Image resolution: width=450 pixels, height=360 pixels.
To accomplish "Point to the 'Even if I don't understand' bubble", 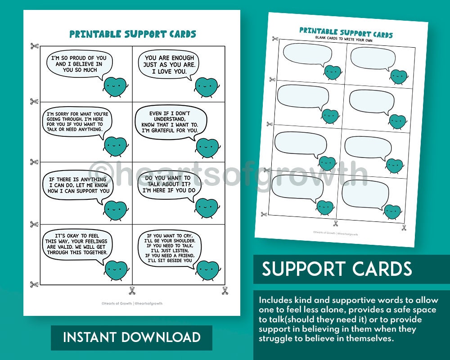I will click(170, 121).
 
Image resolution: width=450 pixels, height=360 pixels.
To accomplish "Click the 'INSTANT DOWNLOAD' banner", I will click(131, 337).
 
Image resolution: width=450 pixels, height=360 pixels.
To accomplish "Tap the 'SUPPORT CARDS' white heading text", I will click(337, 269).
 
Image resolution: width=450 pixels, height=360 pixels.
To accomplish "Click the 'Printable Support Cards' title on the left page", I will click(132, 34).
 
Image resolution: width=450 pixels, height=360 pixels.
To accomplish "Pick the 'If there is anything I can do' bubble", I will click(79, 184).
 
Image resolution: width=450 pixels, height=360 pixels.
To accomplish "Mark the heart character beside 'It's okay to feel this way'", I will click(117, 270).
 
